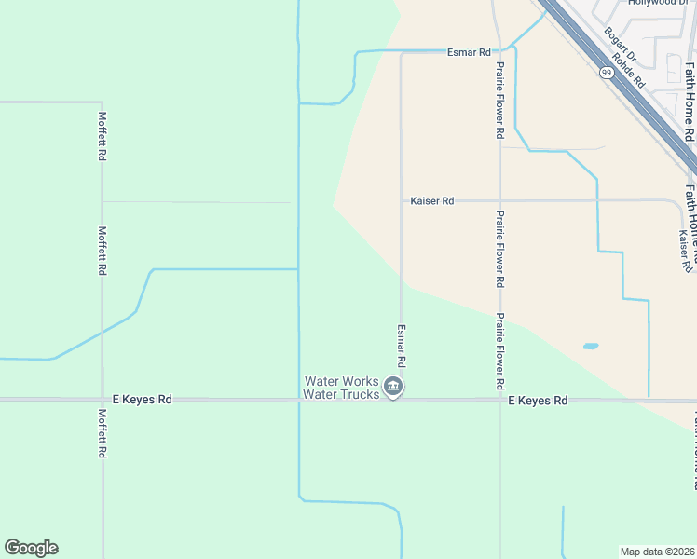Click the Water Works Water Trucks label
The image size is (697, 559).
[342, 388]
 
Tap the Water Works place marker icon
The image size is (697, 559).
[393, 388]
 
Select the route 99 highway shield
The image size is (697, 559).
[607, 72]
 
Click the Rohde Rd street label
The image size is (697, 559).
[633, 71]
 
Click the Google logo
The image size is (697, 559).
[31, 548]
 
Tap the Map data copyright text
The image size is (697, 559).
[658, 551]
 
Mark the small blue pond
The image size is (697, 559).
[590, 347]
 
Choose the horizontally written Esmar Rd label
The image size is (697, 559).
[469, 52]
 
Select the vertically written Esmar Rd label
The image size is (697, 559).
[402, 346]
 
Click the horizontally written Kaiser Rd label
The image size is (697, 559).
[431, 200]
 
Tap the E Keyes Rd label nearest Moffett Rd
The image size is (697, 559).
[143, 400]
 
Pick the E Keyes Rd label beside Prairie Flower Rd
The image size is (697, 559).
[538, 401]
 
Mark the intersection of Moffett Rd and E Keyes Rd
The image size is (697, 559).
[102, 400]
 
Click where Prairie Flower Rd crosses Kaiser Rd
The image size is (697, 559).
[499, 200]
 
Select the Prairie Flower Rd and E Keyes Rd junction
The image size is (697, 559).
[499, 401]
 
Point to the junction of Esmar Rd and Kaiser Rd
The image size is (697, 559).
[402, 200]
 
